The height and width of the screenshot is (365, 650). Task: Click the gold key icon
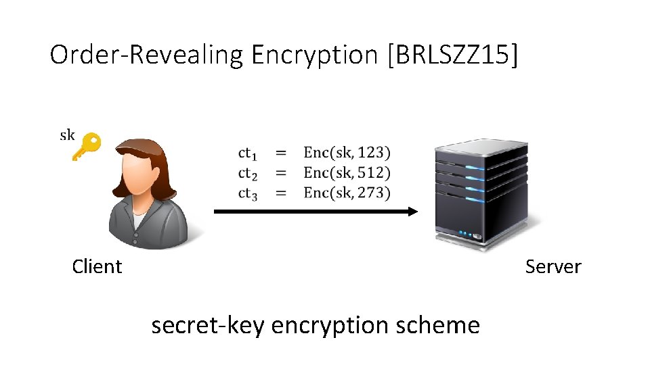coord(86,146)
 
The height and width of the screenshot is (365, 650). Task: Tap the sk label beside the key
coord(67,135)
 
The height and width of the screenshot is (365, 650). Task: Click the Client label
coord(97,266)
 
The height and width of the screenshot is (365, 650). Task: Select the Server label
coord(552,266)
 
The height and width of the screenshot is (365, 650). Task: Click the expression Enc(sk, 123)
coord(347,153)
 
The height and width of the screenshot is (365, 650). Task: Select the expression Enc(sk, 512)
coord(347,173)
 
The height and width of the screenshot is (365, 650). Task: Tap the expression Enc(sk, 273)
coord(347,193)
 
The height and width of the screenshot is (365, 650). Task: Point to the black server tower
coord(481,193)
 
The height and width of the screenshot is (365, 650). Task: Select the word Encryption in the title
coord(314,55)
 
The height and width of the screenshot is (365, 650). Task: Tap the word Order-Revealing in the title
coord(146,55)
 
